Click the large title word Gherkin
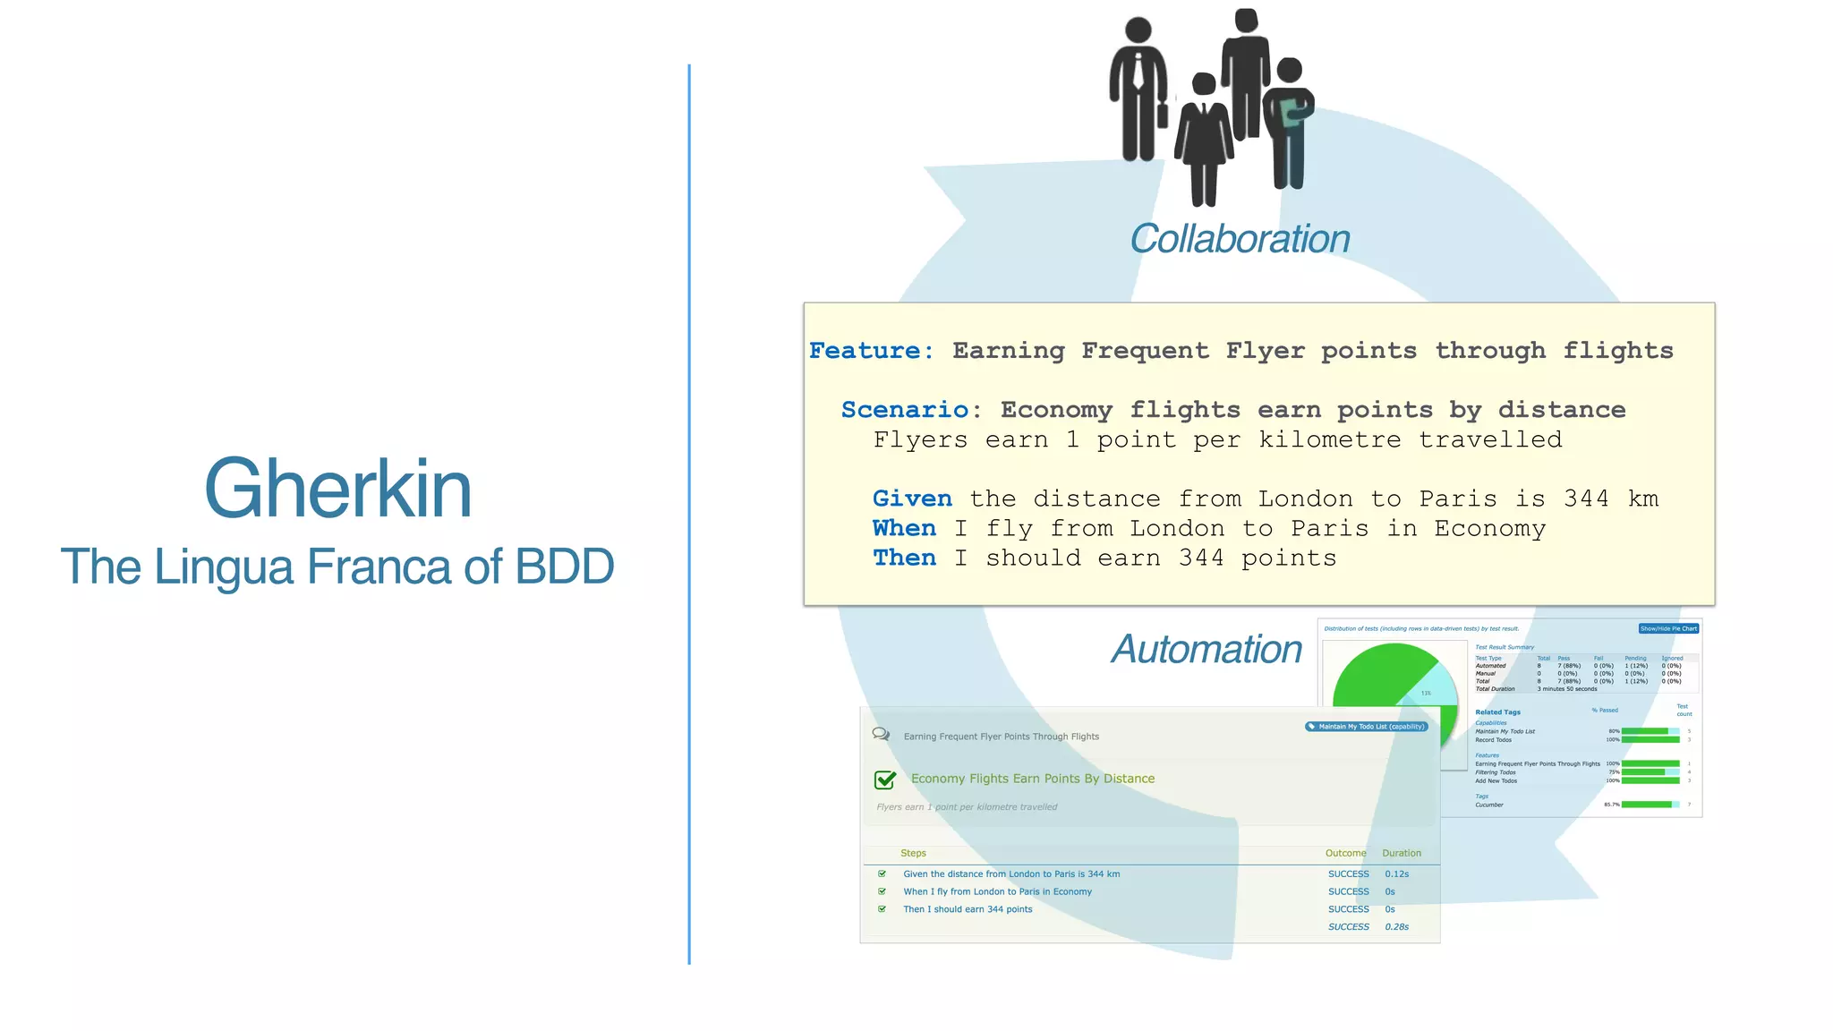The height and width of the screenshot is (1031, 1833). tap(337, 489)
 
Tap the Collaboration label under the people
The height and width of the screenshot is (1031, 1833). tap(1239, 239)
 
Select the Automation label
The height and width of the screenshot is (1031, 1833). tap(1206, 649)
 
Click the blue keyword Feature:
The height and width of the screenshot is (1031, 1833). tap(871, 351)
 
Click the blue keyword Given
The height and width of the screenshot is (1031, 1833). tap(911, 498)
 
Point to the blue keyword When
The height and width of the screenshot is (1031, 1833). tap(904, 528)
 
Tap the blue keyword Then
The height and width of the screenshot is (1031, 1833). tap(904, 558)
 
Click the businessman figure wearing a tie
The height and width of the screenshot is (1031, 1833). tap(1138, 89)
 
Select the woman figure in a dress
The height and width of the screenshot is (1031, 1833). tap(1204, 139)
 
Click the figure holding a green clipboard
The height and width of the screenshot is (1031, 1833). tap(1289, 121)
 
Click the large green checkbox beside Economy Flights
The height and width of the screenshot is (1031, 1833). tap(885, 780)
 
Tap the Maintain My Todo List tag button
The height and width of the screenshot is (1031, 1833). tap(1366, 727)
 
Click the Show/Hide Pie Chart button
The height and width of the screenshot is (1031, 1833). tap(1668, 628)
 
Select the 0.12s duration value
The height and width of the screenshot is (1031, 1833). tap(1396, 873)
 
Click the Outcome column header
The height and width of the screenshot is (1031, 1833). tap(1345, 853)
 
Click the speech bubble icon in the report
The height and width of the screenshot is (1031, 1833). tap(881, 734)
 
